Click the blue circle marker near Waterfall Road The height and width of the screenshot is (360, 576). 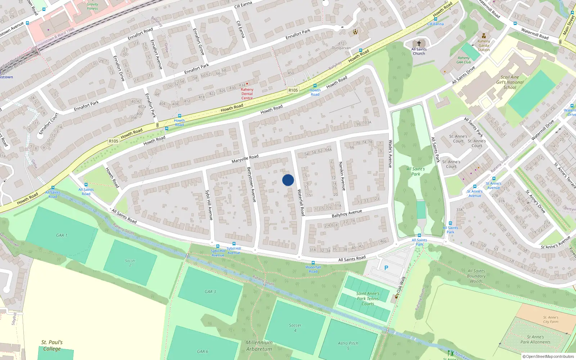click(x=288, y=180)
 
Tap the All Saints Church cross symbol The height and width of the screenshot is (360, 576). click(x=419, y=43)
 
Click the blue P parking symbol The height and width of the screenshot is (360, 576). click(x=386, y=268)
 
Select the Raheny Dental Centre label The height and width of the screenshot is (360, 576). click(x=247, y=94)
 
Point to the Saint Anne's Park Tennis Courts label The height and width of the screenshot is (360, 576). click(x=368, y=299)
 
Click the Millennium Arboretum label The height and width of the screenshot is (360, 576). click(x=259, y=346)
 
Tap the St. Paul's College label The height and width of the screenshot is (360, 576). click(x=52, y=345)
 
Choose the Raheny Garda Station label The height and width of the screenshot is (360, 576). click(x=484, y=45)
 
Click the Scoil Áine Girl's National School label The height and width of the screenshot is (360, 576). click(x=510, y=82)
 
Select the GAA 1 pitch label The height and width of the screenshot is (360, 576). click(x=62, y=235)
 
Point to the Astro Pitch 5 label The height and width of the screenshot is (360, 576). click(x=348, y=346)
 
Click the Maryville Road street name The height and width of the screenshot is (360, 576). click(x=245, y=159)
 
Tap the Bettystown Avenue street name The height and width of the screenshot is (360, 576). click(x=251, y=184)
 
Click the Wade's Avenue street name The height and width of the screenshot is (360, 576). click(x=390, y=154)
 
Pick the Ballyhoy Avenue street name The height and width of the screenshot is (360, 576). click(x=347, y=213)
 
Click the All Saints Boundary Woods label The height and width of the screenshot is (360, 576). click(x=476, y=276)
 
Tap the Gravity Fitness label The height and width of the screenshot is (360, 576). click(x=92, y=6)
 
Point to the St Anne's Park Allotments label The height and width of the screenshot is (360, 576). click(x=535, y=339)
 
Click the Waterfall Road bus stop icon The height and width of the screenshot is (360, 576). click(x=313, y=263)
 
